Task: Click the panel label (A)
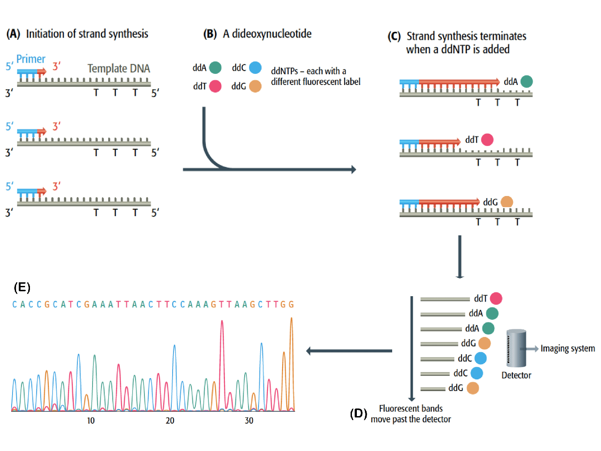point(13,34)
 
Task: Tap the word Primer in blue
point(31,59)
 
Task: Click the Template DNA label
point(119,68)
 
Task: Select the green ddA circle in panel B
point(215,68)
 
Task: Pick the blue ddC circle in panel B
point(255,68)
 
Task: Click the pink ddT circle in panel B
point(216,86)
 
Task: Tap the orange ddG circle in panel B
point(255,86)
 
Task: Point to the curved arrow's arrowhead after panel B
point(353,170)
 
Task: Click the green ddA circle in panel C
point(527,81)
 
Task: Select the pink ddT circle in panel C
point(487,140)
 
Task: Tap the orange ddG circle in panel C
point(507,202)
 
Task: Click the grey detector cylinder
point(516,349)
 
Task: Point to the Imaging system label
point(567,349)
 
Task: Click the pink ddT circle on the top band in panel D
point(496,298)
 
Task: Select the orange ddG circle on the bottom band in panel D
point(473,388)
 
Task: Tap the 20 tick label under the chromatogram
point(170,421)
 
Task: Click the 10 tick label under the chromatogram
point(91,421)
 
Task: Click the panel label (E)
point(22,287)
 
